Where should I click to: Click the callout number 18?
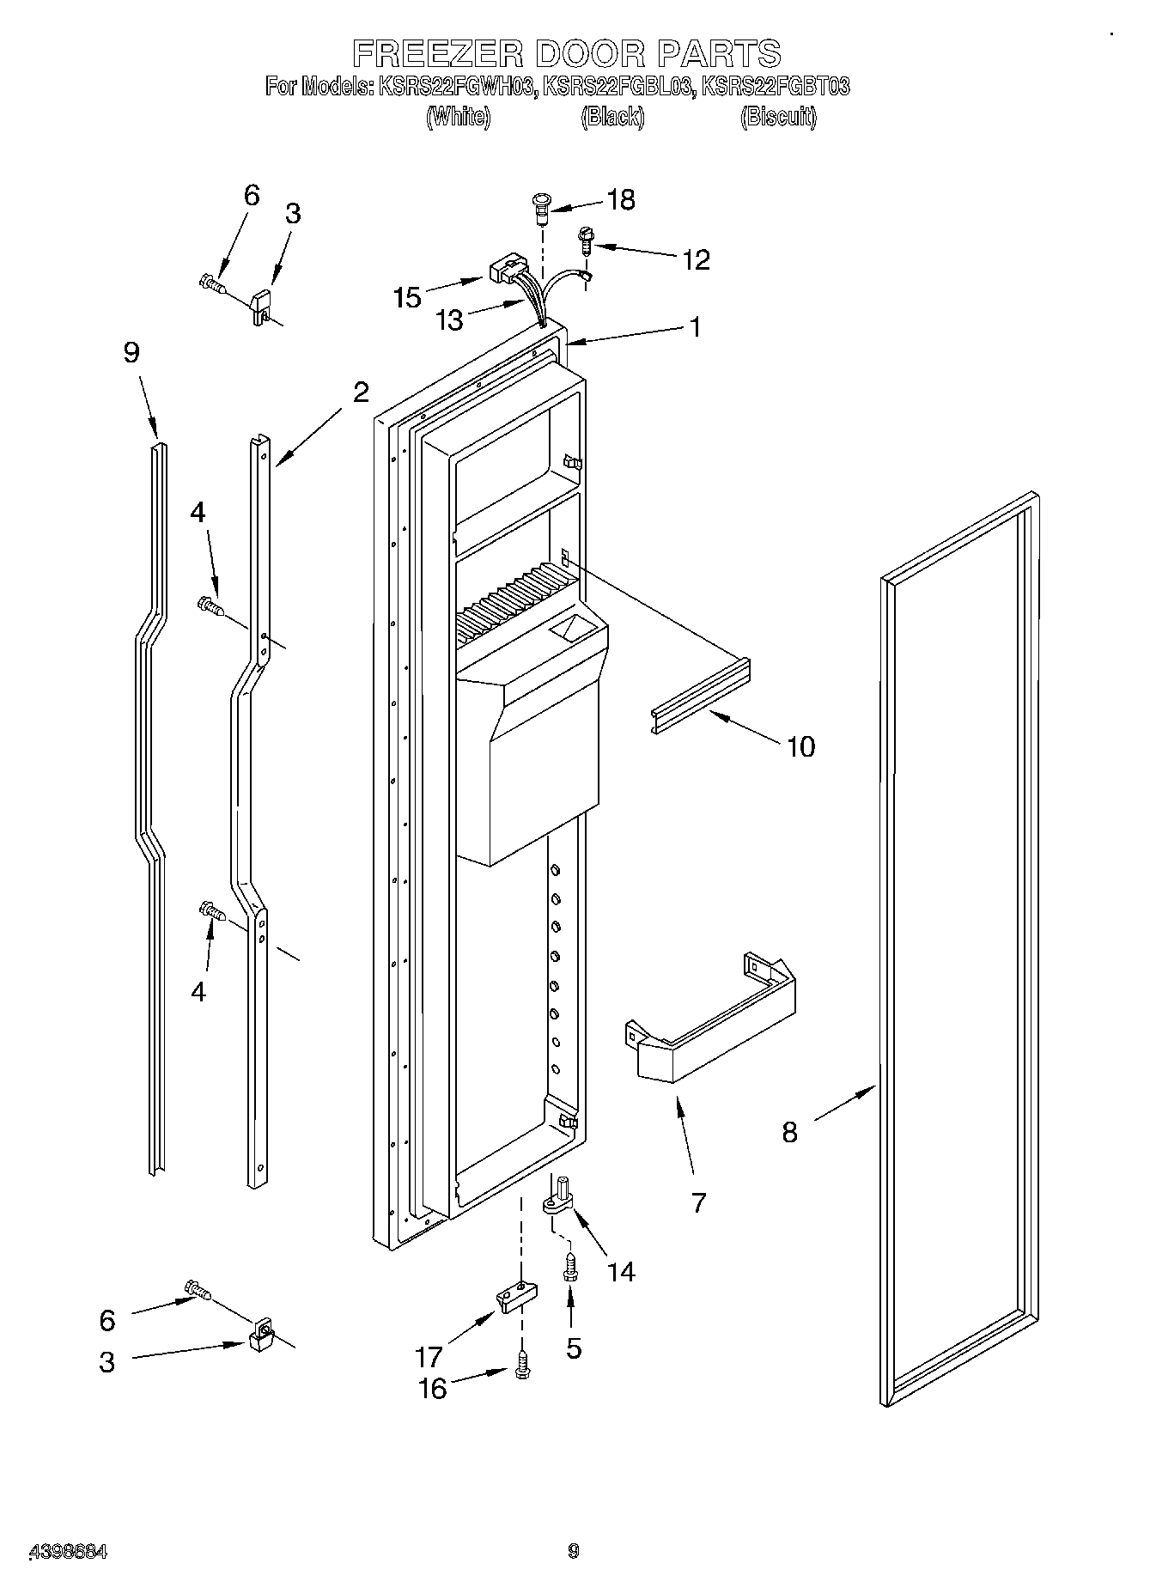[x=620, y=200]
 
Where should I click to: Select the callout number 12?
[x=696, y=259]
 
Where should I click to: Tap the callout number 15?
[x=407, y=297]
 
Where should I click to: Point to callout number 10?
[x=800, y=746]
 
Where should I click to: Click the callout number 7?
[x=698, y=1202]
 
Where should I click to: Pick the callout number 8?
[x=789, y=1132]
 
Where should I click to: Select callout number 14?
[x=621, y=1271]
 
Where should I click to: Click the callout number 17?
[x=429, y=1357]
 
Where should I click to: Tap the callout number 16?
[x=433, y=1388]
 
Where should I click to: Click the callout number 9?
[x=131, y=353]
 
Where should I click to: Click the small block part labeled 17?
[x=516, y=1297]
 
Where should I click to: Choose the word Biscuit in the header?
[x=777, y=118]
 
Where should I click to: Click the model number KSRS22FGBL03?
[x=617, y=87]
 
